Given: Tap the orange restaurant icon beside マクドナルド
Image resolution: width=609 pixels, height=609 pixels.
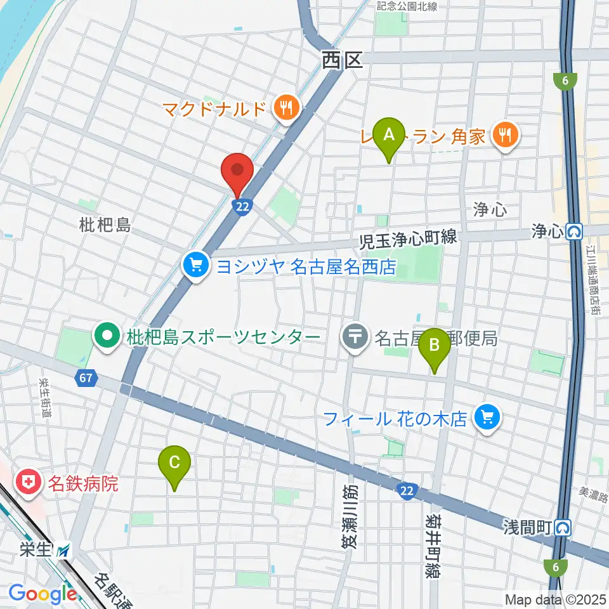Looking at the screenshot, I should click(287, 108).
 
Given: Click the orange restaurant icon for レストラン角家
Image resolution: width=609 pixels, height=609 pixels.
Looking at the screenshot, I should click(506, 134).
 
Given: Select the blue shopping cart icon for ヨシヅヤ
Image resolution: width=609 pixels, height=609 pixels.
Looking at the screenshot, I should click(196, 265).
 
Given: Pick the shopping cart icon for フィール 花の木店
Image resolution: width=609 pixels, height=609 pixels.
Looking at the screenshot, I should click(487, 417).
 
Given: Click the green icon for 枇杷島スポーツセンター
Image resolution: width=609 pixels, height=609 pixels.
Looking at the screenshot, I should click(106, 336).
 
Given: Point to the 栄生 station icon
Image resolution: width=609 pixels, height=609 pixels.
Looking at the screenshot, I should click(64, 551).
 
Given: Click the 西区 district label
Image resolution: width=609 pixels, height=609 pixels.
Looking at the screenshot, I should click(342, 60).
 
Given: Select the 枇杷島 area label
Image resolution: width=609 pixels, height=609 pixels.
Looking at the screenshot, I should click(105, 224).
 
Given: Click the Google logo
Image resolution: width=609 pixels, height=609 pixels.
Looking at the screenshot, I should click(42, 594).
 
